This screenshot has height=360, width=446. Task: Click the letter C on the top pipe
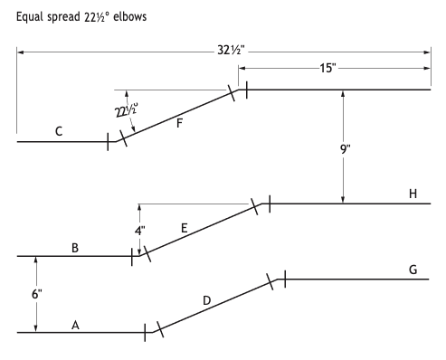pos(59,131)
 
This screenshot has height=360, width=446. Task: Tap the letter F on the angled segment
pos(179,123)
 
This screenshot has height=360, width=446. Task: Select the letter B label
pos(75,248)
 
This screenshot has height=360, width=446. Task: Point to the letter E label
pos(185,228)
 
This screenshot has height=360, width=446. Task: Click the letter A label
pos(75,325)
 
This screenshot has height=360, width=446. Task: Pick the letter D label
pos(207,300)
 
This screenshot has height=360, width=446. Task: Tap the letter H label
pos(413,194)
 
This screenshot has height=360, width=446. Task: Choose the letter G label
pos(413,270)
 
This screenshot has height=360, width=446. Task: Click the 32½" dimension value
pos(231,50)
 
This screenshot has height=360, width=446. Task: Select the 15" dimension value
pos(327,68)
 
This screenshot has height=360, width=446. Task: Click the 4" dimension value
pos(139,231)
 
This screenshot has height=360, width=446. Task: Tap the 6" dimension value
pos(37,294)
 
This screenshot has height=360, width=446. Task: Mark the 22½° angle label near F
pos(127,110)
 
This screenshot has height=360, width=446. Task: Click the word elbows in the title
pos(130,16)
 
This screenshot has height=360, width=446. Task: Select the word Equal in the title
pos(30,17)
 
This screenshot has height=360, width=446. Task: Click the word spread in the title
pos(63,17)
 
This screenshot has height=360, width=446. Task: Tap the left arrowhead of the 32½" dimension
pos(21,52)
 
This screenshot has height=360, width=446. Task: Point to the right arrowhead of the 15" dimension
pos(427,68)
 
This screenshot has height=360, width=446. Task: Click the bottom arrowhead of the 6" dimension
pos(36,328)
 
